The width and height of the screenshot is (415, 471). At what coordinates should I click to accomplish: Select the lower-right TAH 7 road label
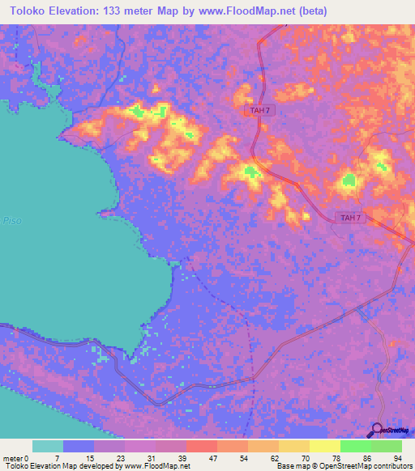pos(350,218)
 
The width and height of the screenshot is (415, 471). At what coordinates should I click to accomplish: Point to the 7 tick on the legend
pos(57,457)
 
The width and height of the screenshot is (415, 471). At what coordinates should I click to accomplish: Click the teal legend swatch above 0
pos(48,446)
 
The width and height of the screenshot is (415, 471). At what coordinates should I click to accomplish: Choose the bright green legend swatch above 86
pos(356,446)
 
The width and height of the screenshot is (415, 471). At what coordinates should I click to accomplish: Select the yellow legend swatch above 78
pos(325,446)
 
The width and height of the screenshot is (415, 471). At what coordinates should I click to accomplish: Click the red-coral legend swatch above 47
pos(202,446)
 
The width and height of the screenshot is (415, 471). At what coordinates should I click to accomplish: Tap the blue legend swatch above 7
pos(79,446)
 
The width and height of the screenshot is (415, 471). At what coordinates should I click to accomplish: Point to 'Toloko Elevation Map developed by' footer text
pos(61,466)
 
